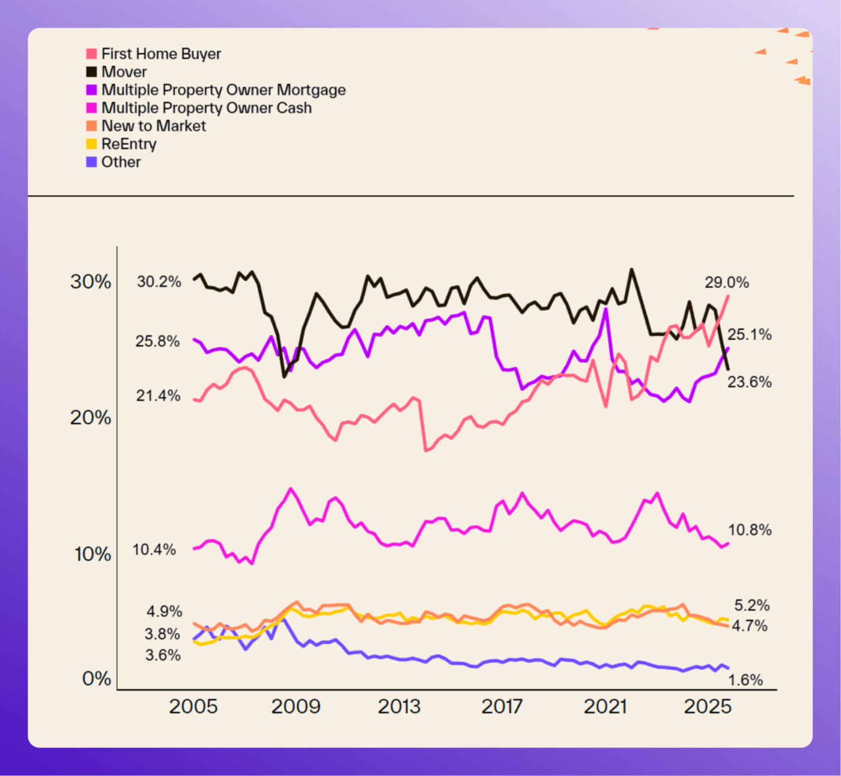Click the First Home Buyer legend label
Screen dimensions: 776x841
(x=161, y=54)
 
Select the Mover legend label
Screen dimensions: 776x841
(x=124, y=72)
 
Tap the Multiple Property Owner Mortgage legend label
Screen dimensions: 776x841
(x=223, y=90)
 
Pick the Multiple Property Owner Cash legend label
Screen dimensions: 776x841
(x=207, y=108)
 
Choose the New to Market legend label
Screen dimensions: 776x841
(x=154, y=126)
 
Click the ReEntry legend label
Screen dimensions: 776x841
(x=129, y=144)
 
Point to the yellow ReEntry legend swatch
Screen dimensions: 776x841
(x=91, y=144)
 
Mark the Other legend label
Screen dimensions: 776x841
(x=121, y=162)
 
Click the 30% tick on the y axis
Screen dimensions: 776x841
(x=91, y=281)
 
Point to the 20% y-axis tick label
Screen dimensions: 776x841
(x=91, y=417)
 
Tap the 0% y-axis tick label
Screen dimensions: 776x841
(x=96, y=679)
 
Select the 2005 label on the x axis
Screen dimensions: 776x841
(x=193, y=706)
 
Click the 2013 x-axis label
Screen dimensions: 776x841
(x=399, y=706)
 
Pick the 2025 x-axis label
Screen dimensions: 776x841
(x=708, y=706)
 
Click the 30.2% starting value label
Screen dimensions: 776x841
(x=159, y=281)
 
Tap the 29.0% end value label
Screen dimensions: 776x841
(x=727, y=283)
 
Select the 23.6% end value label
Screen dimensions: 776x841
(x=749, y=382)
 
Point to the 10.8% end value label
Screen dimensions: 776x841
(x=750, y=530)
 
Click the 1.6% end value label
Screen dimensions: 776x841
(x=745, y=680)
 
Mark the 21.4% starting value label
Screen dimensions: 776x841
(x=158, y=396)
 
